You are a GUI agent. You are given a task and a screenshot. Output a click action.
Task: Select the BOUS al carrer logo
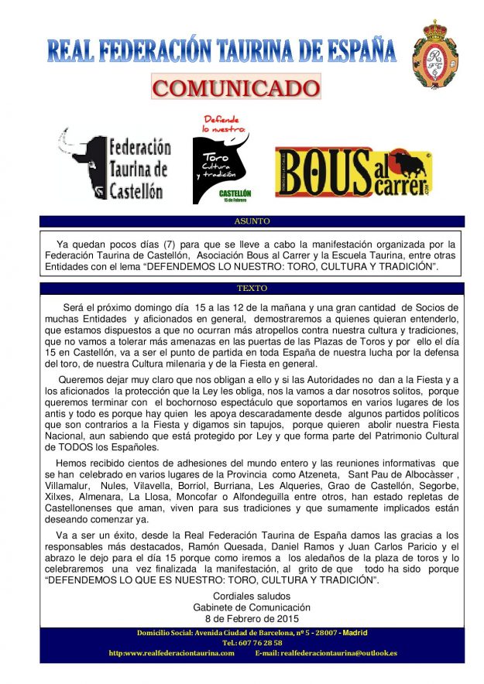coord(353,172)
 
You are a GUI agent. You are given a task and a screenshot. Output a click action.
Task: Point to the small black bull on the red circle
coord(409,166)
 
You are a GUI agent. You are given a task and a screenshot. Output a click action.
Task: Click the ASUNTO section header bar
coord(252,221)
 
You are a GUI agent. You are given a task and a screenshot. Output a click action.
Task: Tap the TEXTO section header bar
coord(252,288)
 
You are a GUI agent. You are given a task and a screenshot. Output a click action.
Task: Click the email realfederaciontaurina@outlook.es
coord(338,653)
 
